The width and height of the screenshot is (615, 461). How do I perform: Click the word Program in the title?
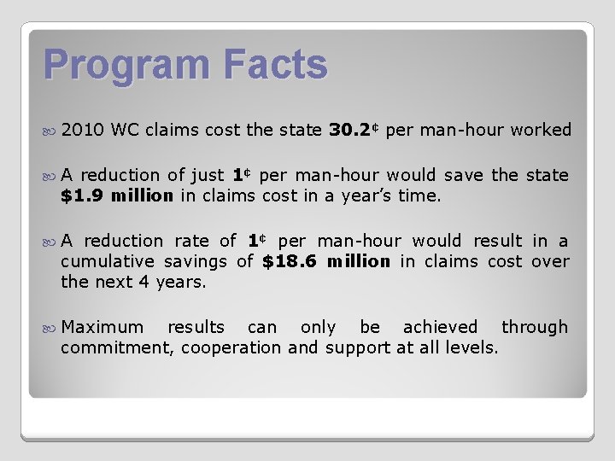pyautogui.click(x=114, y=66)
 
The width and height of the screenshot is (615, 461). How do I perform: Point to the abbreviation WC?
pyautogui.click(x=125, y=130)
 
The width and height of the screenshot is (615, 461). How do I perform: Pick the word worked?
pyautogui.click(x=541, y=130)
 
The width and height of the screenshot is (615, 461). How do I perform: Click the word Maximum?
pyautogui.click(x=102, y=327)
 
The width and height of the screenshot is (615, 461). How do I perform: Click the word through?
pyautogui.click(x=534, y=327)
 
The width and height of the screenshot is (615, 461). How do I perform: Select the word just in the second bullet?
pyautogui.click(x=208, y=175)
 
